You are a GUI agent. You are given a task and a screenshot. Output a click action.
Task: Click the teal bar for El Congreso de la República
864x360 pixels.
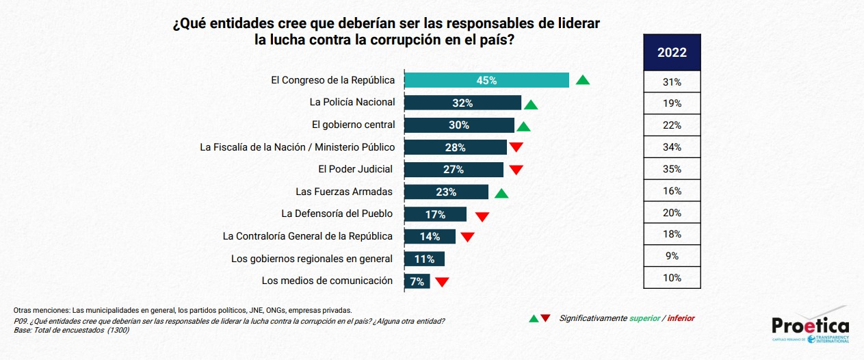(486, 80)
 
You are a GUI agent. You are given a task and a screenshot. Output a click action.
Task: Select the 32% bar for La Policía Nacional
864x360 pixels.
(462, 103)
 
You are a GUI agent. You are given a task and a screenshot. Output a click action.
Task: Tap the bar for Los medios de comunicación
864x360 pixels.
(417, 281)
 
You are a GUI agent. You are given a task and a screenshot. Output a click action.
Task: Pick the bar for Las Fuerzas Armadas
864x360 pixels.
(446, 192)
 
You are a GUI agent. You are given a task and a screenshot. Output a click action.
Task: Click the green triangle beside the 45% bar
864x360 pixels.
(583, 80)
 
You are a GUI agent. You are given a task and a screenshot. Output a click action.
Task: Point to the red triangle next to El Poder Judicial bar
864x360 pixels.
(516, 170)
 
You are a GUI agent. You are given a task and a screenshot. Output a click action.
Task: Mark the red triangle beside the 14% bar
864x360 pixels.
(467, 237)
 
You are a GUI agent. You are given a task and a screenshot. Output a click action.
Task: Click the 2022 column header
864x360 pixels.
(672, 52)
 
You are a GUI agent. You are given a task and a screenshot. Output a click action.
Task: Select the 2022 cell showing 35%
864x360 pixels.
(672, 169)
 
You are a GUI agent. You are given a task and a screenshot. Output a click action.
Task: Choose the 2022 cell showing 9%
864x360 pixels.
(672, 256)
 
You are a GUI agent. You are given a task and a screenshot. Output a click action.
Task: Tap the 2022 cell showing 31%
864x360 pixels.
(672, 81)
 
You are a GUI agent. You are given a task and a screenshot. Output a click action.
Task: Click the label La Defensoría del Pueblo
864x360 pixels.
(337, 214)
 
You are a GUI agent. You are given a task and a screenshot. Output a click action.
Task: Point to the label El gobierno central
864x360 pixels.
(353, 125)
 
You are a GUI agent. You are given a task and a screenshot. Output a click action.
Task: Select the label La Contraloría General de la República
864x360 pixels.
(308, 236)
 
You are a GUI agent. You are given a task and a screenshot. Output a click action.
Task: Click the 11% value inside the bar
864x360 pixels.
(424, 259)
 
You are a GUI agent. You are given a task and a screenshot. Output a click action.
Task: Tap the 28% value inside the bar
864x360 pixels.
(455, 147)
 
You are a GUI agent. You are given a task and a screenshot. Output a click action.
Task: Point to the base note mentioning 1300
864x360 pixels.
(72, 330)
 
